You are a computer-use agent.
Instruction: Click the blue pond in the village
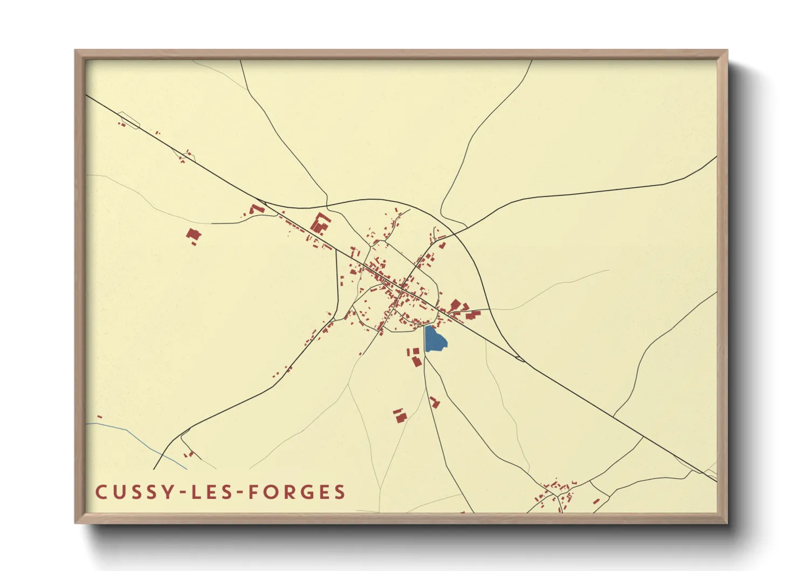(435, 339)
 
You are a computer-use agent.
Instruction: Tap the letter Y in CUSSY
(168, 492)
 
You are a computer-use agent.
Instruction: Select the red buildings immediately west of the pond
(415, 357)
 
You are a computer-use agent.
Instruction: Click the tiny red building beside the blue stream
(99, 417)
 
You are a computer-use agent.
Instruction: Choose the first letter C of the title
(101, 492)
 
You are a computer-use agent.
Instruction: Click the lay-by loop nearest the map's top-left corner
(129, 120)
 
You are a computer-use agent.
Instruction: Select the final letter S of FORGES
(339, 492)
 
